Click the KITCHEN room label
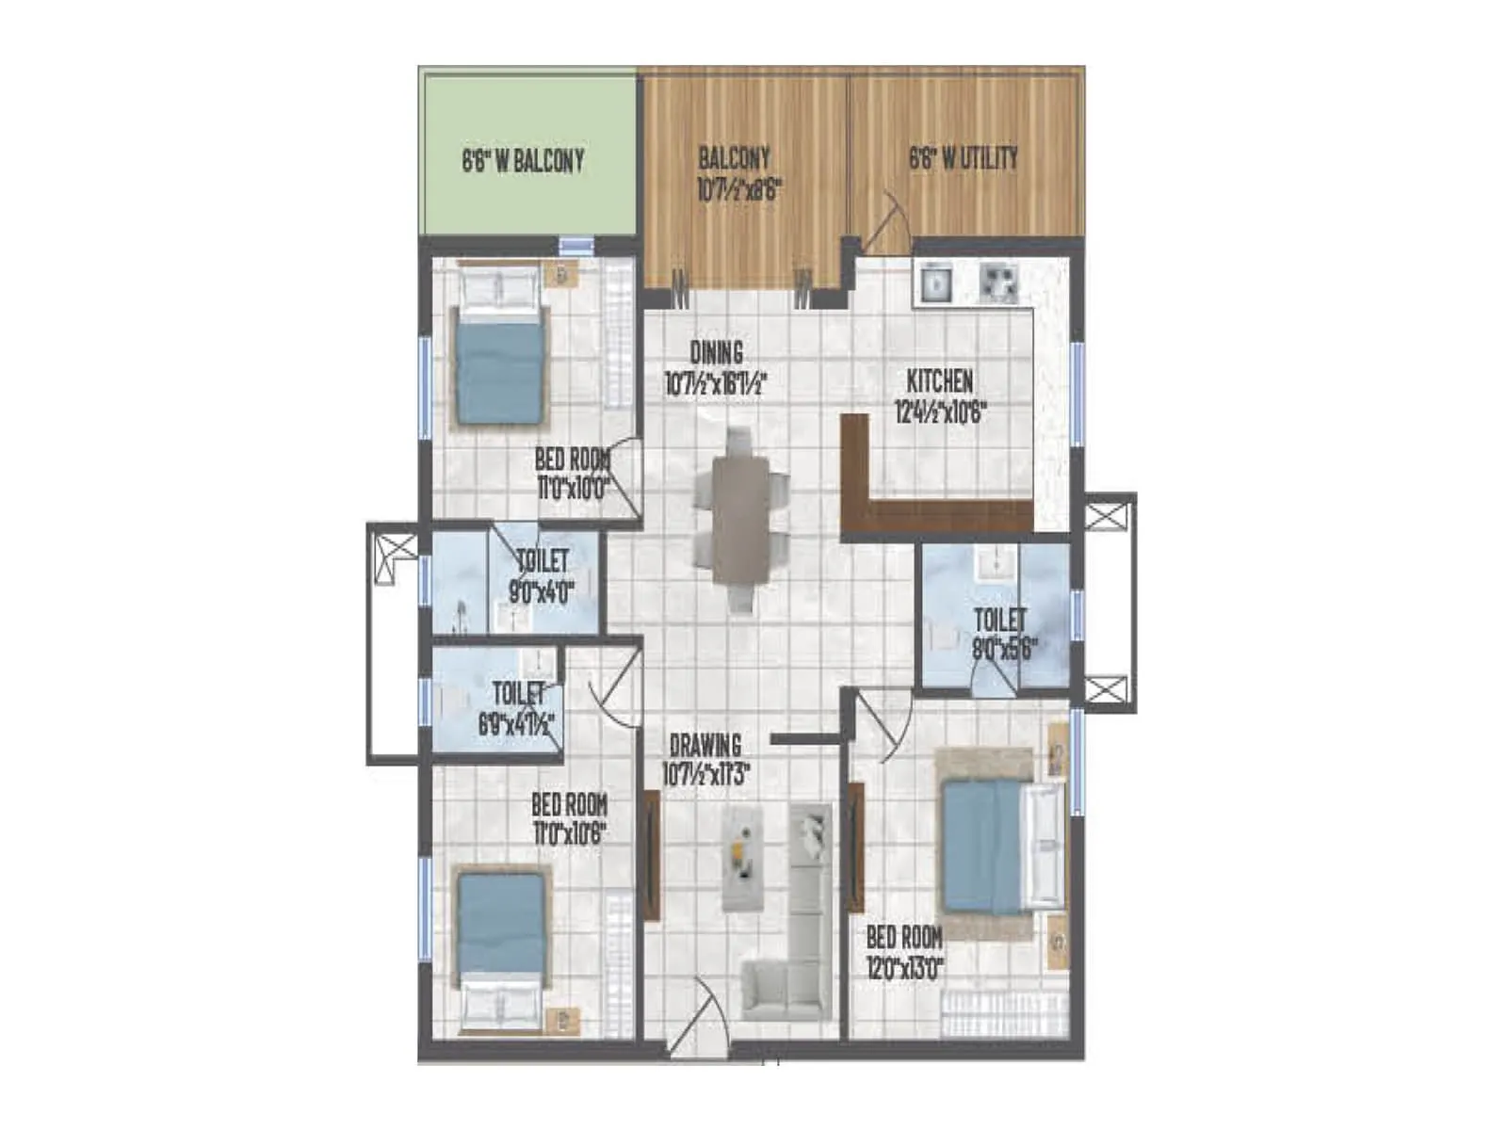tap(939, 381)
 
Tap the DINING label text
tap(716, 353)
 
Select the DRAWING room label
tap(705, 745)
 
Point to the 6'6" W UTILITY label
tap(963, 158)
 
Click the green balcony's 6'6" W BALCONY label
tap(523, 161)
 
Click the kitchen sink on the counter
tap(935, 282)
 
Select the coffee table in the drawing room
tap(741, 857)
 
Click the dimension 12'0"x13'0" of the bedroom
tap(904, 967)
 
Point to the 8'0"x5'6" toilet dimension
tap(1004, 648)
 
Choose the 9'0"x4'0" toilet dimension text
tap(542, 591)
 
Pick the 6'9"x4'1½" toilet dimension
tap(516, 726)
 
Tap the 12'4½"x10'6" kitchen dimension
tap(939, 412)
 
